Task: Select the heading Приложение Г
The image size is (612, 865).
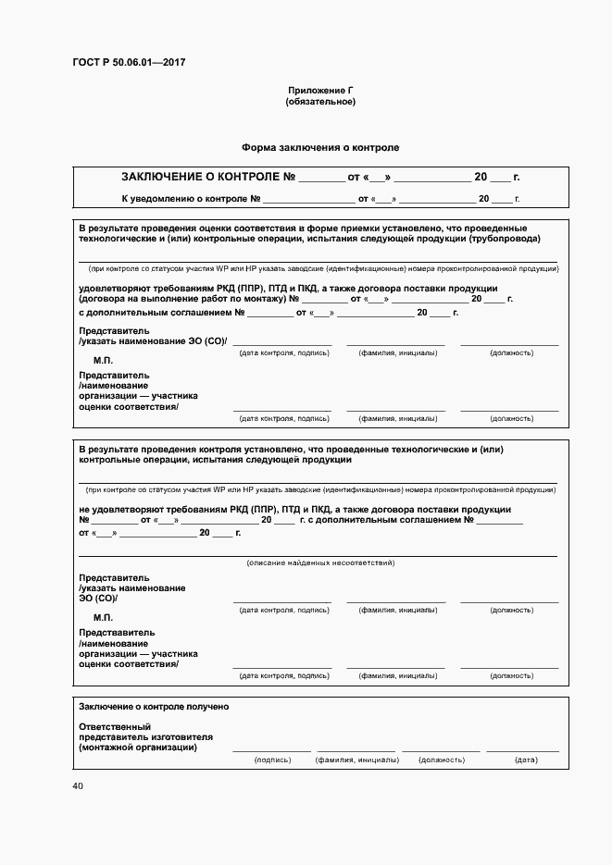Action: pos(320,90)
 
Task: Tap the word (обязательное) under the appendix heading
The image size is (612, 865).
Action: pos(320,102)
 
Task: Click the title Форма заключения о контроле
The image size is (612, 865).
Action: pos(320,147)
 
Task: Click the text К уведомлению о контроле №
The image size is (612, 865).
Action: pos(190,199)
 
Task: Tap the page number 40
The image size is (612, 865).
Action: pos(78,786)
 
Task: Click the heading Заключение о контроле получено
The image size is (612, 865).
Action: pos(154,707)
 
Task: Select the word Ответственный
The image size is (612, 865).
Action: pos(115,726)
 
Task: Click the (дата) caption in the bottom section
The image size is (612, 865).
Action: pos(526,760)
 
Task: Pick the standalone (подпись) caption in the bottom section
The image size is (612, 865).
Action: pos(272,760)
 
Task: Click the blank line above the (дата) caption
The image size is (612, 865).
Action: pos(523,750)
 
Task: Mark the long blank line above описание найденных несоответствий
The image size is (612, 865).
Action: pos(318,555)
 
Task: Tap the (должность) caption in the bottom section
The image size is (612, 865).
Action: pos(441,760)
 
